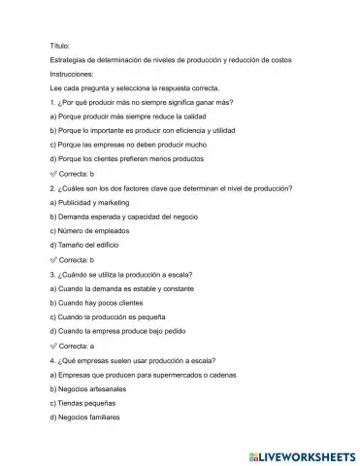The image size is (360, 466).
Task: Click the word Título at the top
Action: pos(59,46)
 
